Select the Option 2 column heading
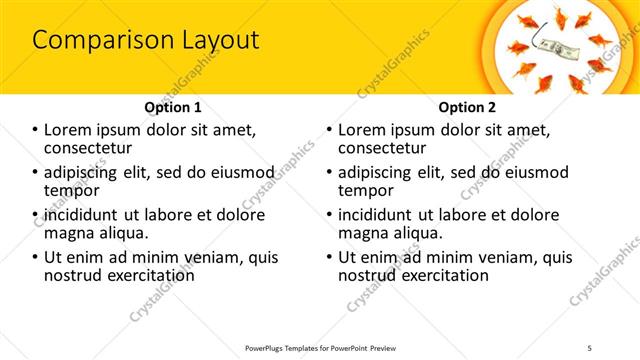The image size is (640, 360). click(x=467, y=107)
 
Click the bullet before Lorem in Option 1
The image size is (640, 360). click(x=36, y=130)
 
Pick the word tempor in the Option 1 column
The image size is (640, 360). click(x=71, y=190)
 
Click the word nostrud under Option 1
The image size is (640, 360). click(x=72, y=275)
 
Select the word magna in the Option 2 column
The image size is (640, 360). click(x=364, y=233)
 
